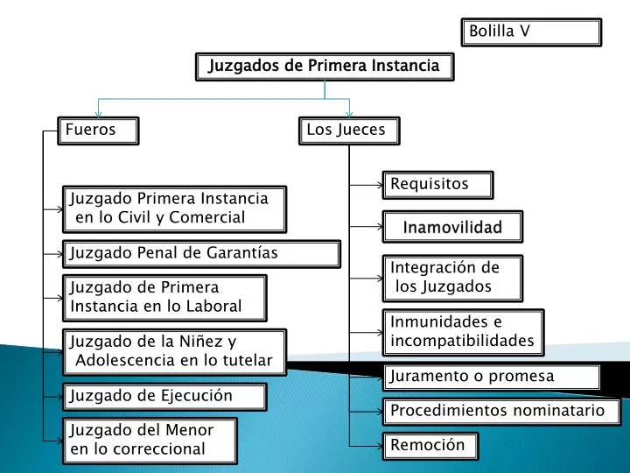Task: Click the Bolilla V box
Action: tap(531, 32)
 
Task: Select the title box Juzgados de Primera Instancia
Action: tap(325, 67)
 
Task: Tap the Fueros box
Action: tap(98, 131)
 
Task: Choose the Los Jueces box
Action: tap(349, 131)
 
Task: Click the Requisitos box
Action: tap(438, 185)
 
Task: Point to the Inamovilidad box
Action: tap(453, 227)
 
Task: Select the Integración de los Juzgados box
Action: tap(453, 279)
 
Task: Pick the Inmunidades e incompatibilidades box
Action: tap(463, 333)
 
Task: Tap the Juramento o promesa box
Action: tap(492, 378)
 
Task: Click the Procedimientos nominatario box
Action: tap(502, 412)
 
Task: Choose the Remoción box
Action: tap(430, 446)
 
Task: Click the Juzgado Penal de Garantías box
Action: tap(202, 254)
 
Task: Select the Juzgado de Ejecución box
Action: tap(164, 397)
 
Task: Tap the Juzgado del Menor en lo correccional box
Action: tap(150, 441)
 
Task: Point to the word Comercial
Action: tap(206, 217)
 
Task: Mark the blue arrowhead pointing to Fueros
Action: tap(98, 114)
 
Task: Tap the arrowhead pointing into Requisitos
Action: tap(380, 185)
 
